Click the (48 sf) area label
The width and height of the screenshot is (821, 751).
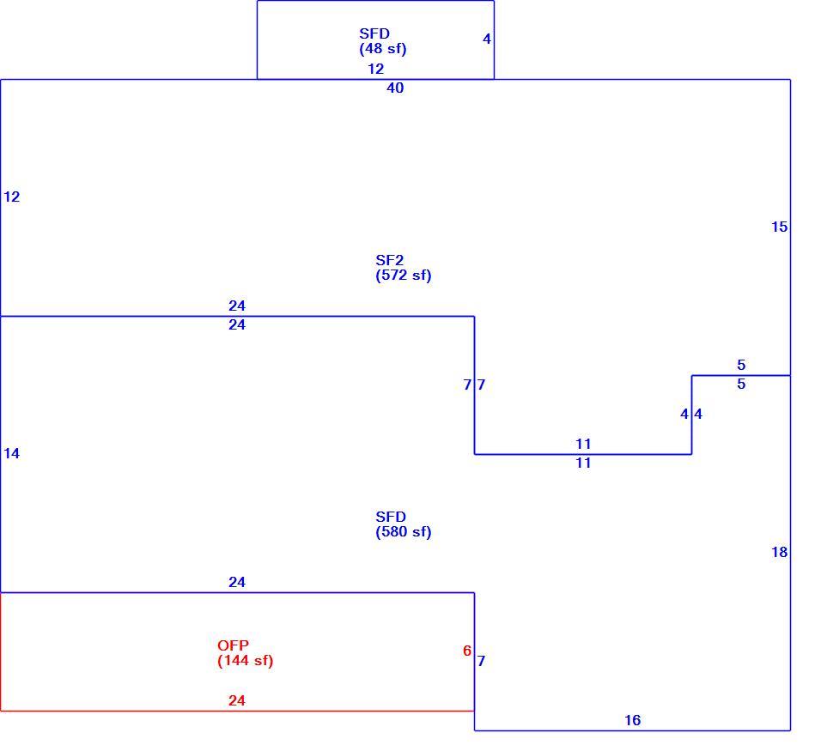click(x=383, y=49)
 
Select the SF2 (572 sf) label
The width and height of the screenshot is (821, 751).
click(x=403, y=268)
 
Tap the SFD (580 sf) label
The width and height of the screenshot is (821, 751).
click(x=403, y=524)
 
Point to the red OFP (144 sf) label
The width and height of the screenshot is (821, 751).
click(x=245, y=653)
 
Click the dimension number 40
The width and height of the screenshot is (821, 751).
click(x=395, y=88)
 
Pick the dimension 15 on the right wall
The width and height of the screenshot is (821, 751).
click(x=779, y=227)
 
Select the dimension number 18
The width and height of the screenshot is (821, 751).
click(x=779, y=552)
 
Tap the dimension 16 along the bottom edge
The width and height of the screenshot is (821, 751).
click(x=633, y=721)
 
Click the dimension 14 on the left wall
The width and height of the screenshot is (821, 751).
click(x=11, y=454)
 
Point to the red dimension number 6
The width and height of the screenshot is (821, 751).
click(x=467, y=651)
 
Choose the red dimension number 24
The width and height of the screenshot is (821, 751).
click(x=237, y=700)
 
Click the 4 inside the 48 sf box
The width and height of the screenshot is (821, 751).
click(x=487, y=39)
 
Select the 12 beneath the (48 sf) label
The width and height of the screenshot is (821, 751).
click(x=375, y=69)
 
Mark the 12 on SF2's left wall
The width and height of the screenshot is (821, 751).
click(x=11, y=197)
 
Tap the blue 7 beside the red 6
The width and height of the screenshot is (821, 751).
click(x=481, y=662)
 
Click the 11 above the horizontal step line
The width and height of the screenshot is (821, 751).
click(x=583, y=445)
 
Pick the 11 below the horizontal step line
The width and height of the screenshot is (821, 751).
click(x=583, y=463)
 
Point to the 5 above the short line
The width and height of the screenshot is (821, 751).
click(x=741, y=366)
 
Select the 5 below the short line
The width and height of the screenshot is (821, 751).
click(x=741, y=385)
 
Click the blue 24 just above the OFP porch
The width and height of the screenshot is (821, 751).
click(x=237, y=583)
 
